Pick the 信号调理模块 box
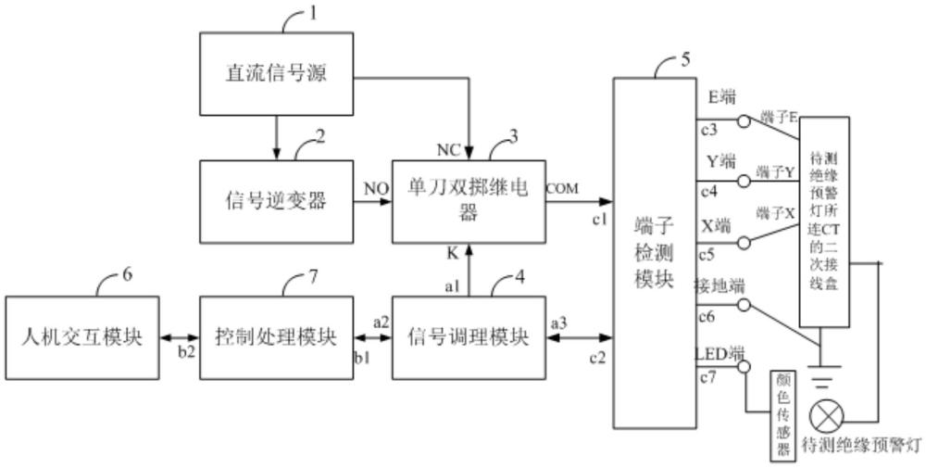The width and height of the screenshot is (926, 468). [469, 336]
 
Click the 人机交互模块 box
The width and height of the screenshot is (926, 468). [81, 336]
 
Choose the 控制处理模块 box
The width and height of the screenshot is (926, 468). [276, 336]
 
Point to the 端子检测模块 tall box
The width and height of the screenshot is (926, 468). [654, 252]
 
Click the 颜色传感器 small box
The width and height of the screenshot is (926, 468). [783, 414]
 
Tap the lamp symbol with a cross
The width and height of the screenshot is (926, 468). [825, 415]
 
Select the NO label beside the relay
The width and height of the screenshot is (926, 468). [374, 188]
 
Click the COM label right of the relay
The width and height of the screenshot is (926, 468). [562, 188]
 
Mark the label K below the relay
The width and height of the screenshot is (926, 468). [452, 251]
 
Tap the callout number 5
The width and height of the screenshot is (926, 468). [684, 61]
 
